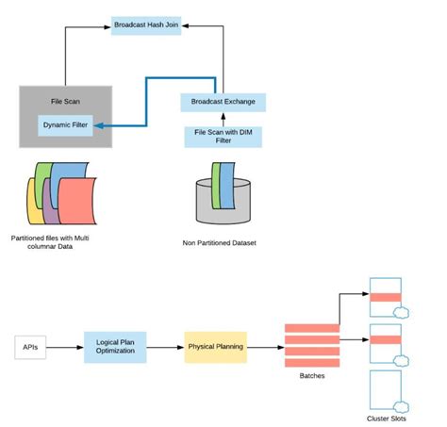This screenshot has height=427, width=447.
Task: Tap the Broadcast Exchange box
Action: point(223,101)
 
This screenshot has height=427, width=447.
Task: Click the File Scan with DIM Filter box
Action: point(223,137)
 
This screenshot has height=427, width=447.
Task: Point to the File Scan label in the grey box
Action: point(66,100)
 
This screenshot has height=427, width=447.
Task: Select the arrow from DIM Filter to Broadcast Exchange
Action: point(223,118)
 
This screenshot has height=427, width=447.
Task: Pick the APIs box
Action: point(31,347)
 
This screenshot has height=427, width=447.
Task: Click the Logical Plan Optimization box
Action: point(114,347)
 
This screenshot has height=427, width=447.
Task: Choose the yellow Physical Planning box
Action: point(216,347)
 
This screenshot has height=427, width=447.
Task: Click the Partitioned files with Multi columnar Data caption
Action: point(55,241)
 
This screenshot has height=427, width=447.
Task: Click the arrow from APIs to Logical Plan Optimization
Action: point(65,347)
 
